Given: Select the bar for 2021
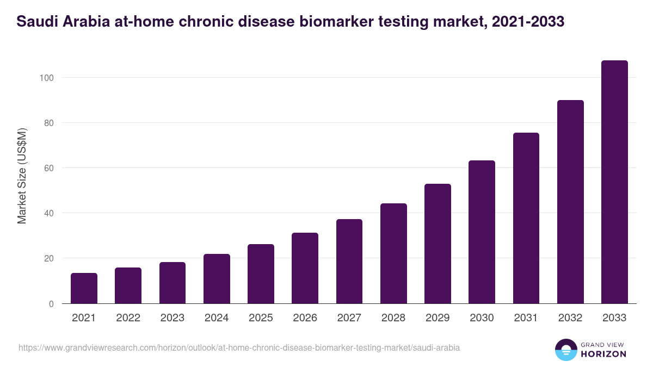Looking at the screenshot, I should click(x=84, y=288).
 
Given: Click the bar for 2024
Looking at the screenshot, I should click(x=217, y=279).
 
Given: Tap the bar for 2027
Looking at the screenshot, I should click(x=349, y=262).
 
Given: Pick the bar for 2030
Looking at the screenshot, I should click(x=482, y=232).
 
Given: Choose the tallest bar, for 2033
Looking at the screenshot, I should click(x=614, y=182).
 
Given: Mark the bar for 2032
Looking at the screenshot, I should click(x=570, y=202).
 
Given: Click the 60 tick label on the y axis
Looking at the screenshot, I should click(x=49, y=168).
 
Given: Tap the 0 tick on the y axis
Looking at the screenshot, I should click(x=51, y=304).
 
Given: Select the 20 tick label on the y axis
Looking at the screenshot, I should click(x=49, y=258).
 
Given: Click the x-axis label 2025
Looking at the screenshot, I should click(x=261, y=318).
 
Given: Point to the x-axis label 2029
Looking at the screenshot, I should click(x=438, y=318).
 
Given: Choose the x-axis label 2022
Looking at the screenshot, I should click(x=128, y=318).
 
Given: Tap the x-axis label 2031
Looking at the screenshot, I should click(x=526, y=318).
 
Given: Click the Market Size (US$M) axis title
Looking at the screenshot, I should click(x=22, y=176).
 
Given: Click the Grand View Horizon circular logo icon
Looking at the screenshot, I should click(x=566, y=350).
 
